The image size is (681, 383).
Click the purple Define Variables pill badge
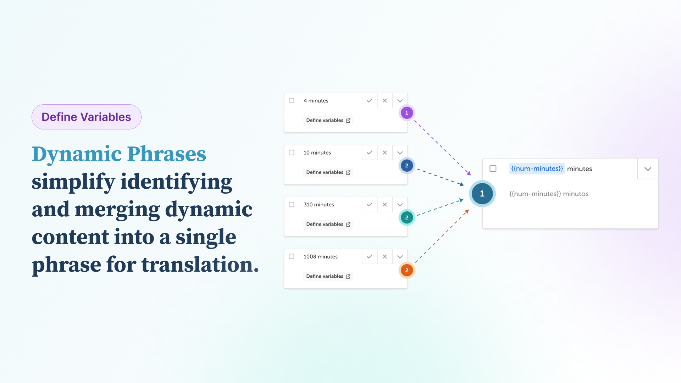87,117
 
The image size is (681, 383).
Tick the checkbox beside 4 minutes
292,101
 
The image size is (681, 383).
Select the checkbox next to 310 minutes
292,205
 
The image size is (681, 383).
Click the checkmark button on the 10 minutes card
369,152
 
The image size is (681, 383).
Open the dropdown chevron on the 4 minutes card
400,101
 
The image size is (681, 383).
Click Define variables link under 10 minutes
328,172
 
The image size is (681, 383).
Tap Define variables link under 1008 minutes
328,276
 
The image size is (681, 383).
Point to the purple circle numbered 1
407,113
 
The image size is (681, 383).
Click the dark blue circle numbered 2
407,166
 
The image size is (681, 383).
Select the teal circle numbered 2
407,218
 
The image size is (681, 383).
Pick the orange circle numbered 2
407,270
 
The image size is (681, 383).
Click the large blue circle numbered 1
482,194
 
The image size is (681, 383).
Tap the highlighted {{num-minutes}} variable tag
537,169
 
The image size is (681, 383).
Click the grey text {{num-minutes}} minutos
549,194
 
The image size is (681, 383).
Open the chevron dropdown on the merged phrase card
648,169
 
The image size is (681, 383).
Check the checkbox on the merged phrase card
493,169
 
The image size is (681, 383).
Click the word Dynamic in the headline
77,155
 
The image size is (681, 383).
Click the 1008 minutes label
320,257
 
